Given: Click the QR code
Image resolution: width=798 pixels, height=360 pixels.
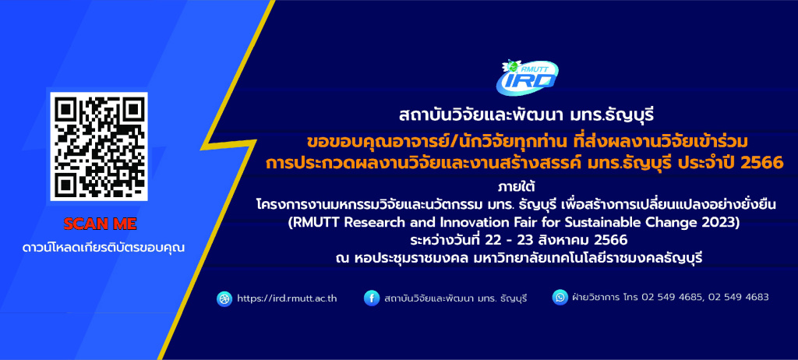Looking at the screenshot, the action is pos(99,146).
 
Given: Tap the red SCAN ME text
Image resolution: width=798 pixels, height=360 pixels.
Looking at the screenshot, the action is pos(101,224).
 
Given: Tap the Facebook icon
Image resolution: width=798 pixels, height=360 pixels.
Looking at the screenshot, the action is pos(372,298).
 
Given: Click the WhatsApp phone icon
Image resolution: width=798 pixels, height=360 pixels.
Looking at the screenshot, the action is pos(560,298).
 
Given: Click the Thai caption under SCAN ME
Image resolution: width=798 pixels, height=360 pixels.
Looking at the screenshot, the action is pos(104,249).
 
